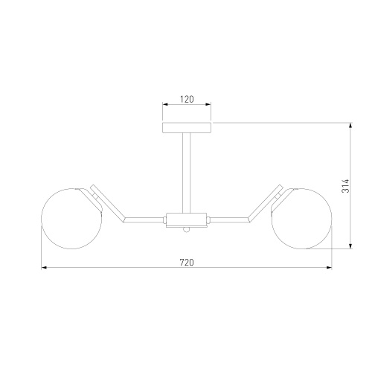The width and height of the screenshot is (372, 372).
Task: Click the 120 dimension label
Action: click(187, 99)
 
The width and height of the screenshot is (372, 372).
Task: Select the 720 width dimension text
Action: click(187, 262)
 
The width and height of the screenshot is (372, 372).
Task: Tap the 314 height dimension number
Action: click(345, 186)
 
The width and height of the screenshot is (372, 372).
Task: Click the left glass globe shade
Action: click(71, 219)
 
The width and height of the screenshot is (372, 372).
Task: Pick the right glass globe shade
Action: click(301, 219)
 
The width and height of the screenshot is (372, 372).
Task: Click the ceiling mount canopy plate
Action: click(187, 128)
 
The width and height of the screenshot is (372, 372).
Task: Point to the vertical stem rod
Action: click(187, 173)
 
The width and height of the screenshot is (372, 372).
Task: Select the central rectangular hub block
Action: click(187, 219)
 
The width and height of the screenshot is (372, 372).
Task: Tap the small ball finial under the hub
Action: click(187, 229)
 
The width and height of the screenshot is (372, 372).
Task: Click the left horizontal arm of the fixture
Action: click(144, 219)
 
